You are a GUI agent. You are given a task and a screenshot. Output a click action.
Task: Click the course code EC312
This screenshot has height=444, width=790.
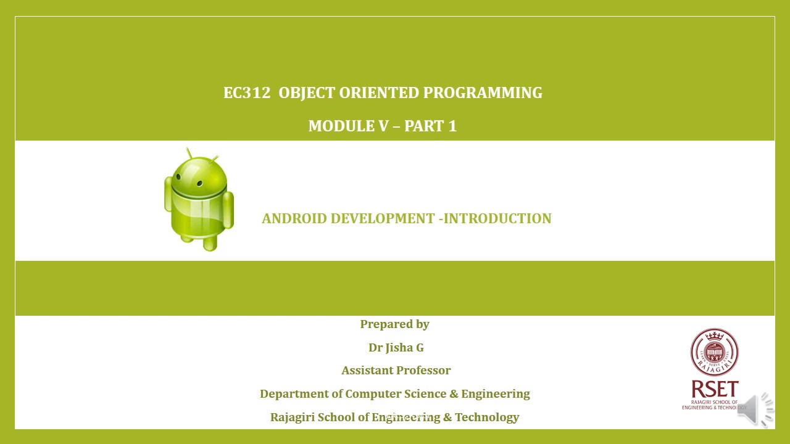pos(247,93)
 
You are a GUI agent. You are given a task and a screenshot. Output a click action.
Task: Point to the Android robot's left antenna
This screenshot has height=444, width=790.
pos(189,152)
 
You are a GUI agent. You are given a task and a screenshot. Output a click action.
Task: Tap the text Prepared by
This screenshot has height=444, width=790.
pos(394,324)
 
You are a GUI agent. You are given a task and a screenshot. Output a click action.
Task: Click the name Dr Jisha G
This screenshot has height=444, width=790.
pos(396,348)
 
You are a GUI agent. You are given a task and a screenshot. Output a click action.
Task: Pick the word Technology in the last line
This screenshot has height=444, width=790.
pos(487,417)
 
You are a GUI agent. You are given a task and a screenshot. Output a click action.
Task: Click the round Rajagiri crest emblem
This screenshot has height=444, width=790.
pos(714,352)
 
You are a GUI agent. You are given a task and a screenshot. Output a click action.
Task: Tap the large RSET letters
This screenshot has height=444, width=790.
pos(714,389)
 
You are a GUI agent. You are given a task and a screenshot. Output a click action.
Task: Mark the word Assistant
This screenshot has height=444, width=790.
pos(368,371)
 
